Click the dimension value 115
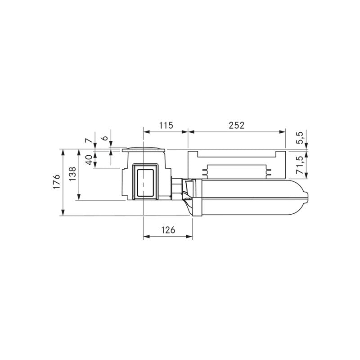pos(166,126)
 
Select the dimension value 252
pos(237,126)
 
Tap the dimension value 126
pos(168,230)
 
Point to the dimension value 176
pos(57,182)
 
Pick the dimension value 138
pos(72,174)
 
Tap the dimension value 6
pos(105,138)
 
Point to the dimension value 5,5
pos(300,138)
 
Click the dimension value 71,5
pos(300,165)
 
